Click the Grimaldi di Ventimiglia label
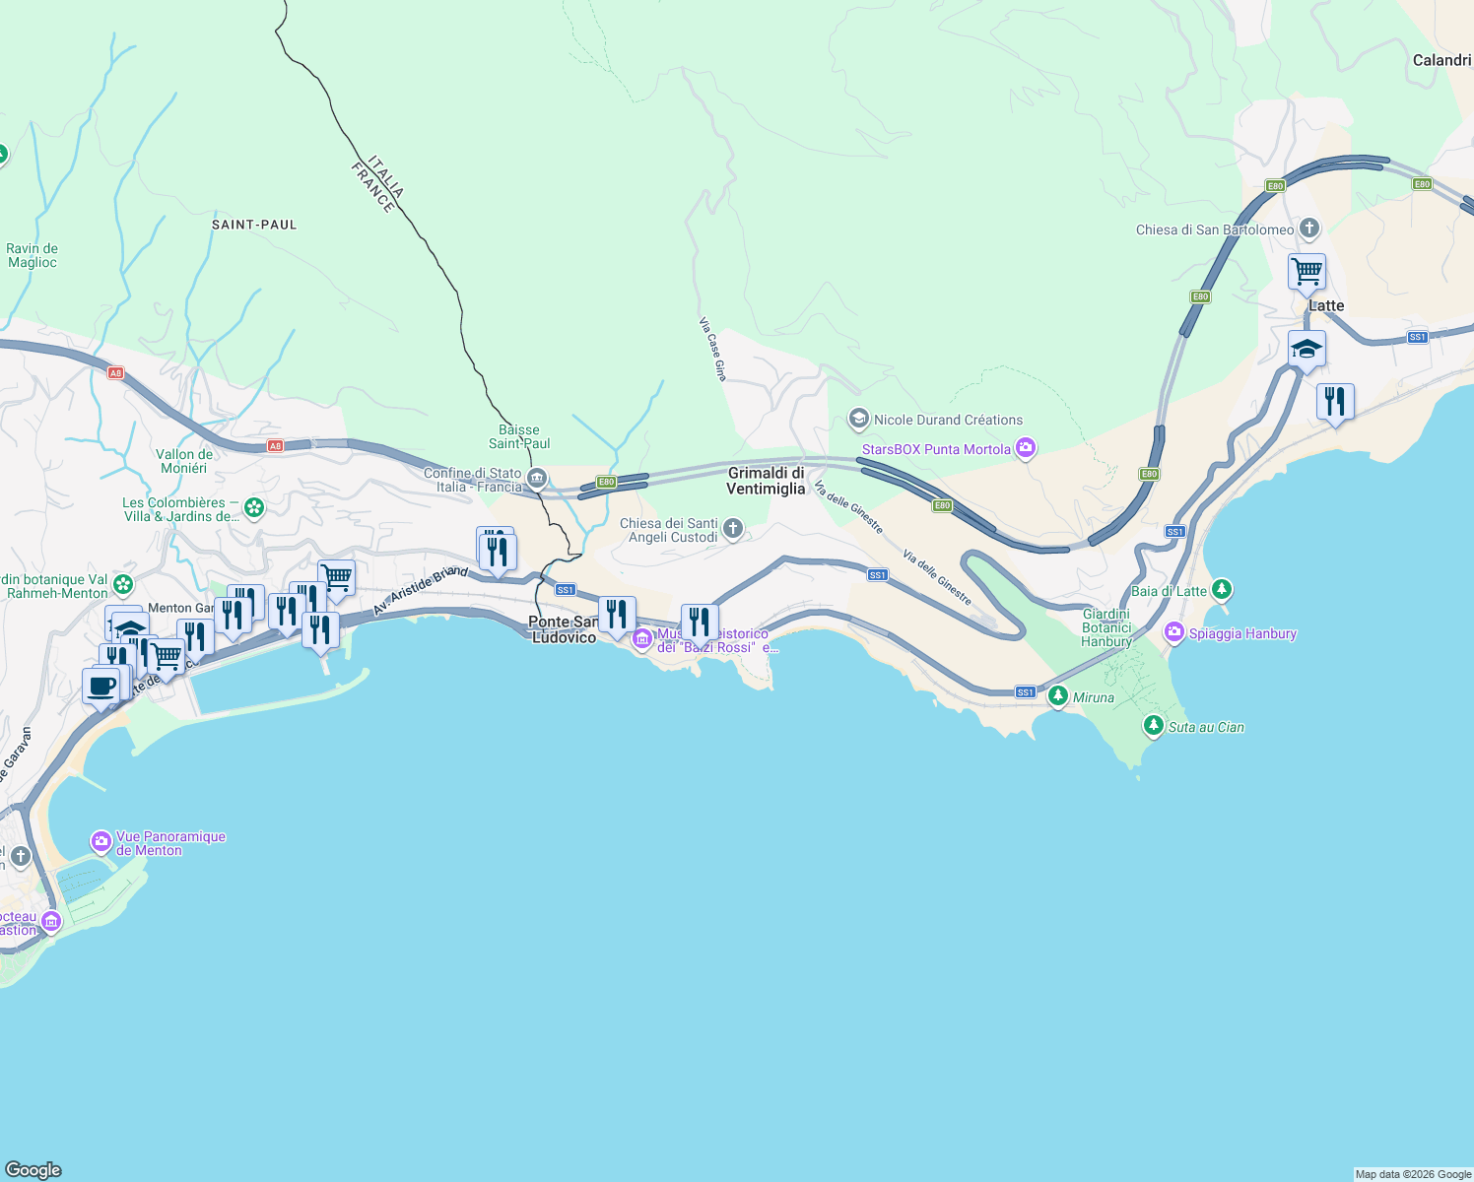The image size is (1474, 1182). coord(766,481)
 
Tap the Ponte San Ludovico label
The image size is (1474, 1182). coord(564,629)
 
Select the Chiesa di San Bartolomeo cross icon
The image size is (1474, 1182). coord(1309,230)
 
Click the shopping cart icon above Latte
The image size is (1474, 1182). coord(1306,271)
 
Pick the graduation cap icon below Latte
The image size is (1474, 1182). coord(1306,349)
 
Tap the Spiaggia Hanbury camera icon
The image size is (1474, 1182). coord(1173,633)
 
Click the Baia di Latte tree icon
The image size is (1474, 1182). coord(1222,590)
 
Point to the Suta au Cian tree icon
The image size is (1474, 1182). coord(1154,726)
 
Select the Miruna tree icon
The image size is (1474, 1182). coord(1058,696)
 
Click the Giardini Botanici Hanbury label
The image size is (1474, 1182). coord(1106,627)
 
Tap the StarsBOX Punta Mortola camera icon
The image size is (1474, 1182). coord(1026,449)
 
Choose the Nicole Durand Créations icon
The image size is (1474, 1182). coord(858,420)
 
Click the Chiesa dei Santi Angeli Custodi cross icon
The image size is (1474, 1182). coord(733,530)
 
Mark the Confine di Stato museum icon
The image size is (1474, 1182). coord(537,480)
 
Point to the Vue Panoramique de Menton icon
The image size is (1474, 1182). coord(101,842)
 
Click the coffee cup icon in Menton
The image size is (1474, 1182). coord(100,686)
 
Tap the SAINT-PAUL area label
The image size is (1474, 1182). coord(254,225)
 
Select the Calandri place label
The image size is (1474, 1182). coord(1441,60)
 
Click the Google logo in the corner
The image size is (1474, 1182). coord(33,1169)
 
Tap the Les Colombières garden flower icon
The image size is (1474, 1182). coord(254,508)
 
